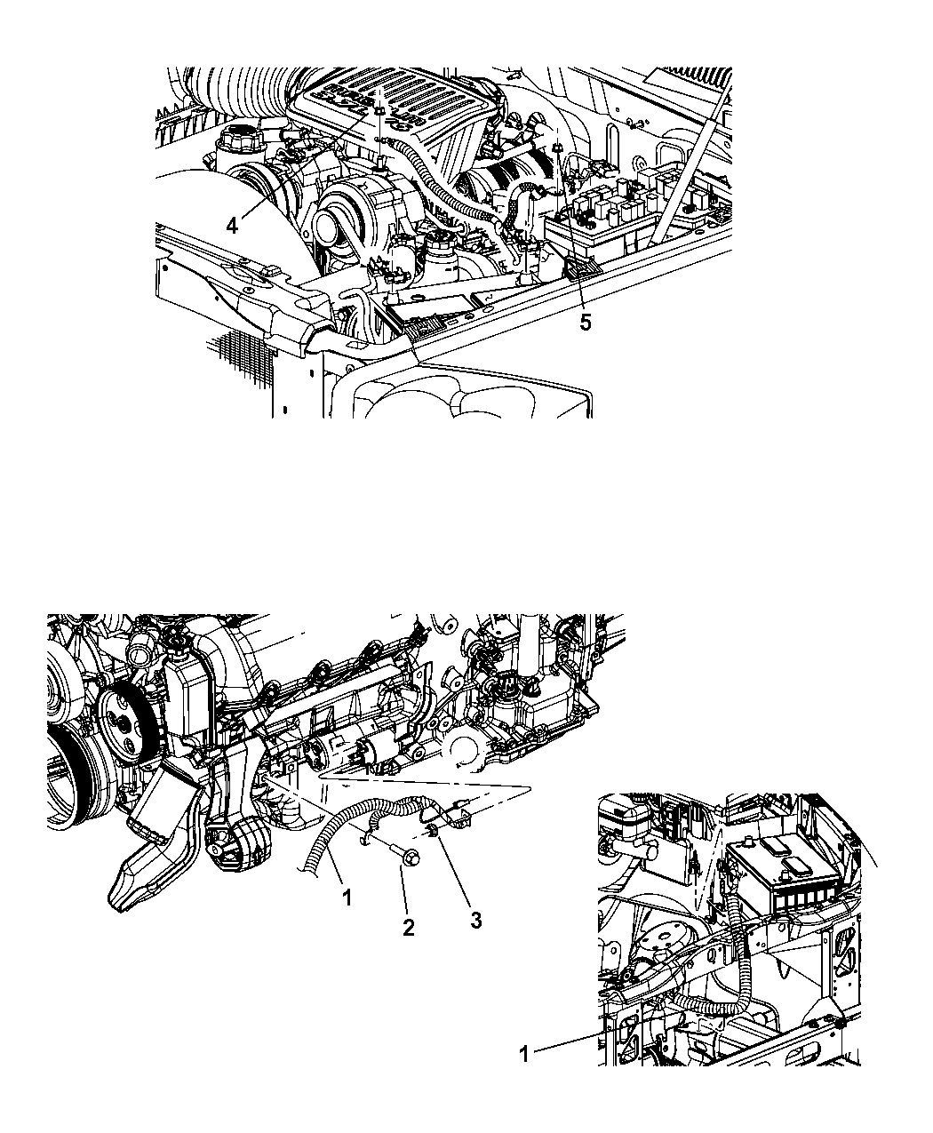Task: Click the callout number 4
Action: [x=232, y=225]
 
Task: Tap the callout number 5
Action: [x=585, y=323]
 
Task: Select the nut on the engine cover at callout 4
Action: [x=379, y=111]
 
